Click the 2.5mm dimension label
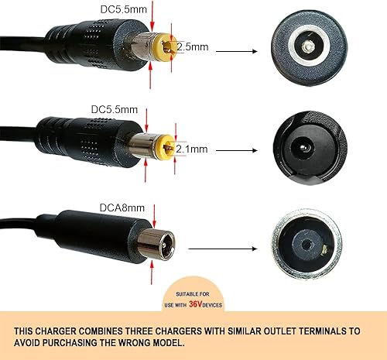click(x=193, y=46)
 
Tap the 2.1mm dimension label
click(x=193, y=148)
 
